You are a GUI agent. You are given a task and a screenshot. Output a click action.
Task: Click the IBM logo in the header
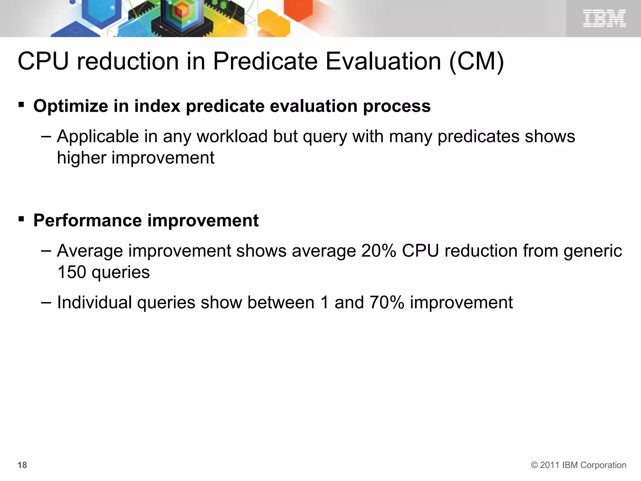coord(604,18)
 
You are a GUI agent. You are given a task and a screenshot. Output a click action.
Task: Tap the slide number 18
coord(22,465)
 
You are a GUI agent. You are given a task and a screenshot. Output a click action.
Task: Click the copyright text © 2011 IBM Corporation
coord(578,465)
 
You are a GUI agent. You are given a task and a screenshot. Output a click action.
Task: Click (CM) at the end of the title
coord(476,61)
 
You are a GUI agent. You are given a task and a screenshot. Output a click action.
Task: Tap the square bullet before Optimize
coord(21,104)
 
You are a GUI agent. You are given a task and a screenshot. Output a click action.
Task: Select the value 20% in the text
coord(378,251)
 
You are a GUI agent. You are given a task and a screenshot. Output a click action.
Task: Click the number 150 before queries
coord(72,272)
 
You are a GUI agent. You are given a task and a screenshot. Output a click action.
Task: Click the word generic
coord(592,251)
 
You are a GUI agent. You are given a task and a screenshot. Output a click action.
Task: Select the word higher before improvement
coord(82,158)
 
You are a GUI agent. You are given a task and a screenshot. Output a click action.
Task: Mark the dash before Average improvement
coord(46,251)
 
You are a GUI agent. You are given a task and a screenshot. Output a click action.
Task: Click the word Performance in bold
coord(87,220)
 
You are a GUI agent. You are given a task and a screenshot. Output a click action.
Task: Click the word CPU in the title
coord(43,61)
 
